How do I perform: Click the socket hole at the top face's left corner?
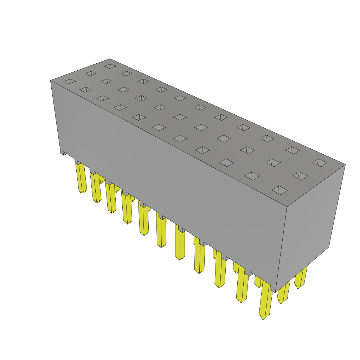click(x=70, y=81)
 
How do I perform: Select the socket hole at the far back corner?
click(x=110, y=66)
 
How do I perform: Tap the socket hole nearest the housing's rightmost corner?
click(x=320, y=162)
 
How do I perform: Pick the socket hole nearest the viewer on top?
click(x=279, y=190)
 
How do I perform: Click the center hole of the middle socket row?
click(x=180, y=117)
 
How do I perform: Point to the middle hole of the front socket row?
click(x=159, y=127)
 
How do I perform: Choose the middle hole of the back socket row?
click(x=200, y=107)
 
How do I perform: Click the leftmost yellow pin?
click(x=81, y=178)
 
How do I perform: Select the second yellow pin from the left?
click(x=96, y=188)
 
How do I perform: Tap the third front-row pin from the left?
click(x=111, y=198)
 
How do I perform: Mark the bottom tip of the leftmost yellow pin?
click(x=82, y=192)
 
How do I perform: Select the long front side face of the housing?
click(x=169, y=183)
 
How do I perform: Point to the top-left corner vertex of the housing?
click(x=51, y=81)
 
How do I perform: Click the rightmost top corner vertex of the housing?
click(x=345, y=164)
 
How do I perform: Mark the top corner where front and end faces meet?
click(x=287, y=207)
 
